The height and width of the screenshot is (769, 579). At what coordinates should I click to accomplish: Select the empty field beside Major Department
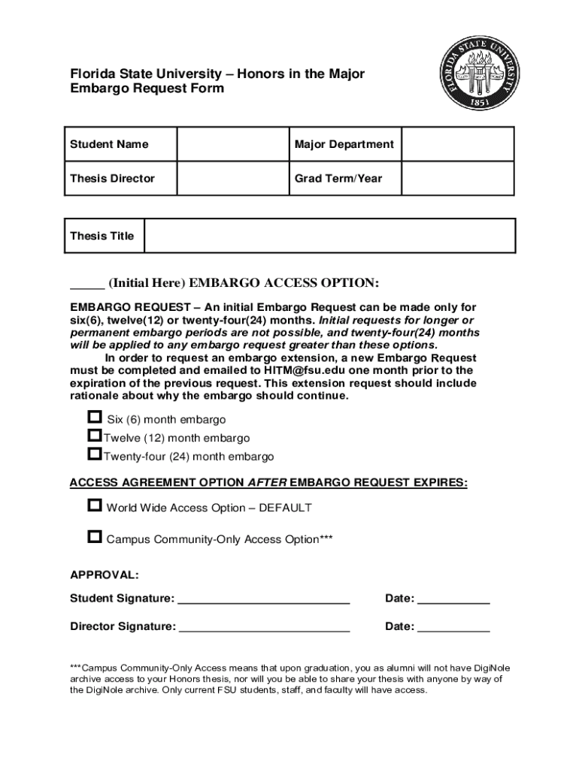pyautogui.click(x=458, y=144)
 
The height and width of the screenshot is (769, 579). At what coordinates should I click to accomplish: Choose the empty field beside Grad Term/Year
pyautogui.click(x=458, y=179)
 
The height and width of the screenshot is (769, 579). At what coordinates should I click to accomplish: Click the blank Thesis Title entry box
pyautogui.click(x=329, y=236)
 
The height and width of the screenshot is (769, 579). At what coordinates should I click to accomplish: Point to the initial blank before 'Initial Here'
pyautogui.click(x=86, y=284)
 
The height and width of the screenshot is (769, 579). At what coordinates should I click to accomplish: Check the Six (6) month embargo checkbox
pyautogui.click(x=94, y=417)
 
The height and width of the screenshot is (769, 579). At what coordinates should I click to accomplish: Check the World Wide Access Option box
pyautogui.click(x=94, y=505)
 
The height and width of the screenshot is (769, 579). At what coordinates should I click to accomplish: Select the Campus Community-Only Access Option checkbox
pyautogui.click(x=94, y=537)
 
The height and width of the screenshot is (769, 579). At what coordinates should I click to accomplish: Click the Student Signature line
pyautogui.click(x=264, y=600)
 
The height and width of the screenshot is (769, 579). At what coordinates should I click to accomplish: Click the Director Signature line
pyautogui.click(x=264, y=628)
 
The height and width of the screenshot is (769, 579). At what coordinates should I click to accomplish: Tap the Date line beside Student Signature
pyautogui.click(x=453, y=600)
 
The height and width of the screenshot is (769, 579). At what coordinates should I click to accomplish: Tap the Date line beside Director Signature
pyautogui.click(x=453, y=628)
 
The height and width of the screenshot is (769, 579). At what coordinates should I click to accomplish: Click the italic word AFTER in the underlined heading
pyautogui.click(x=267, y=482)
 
